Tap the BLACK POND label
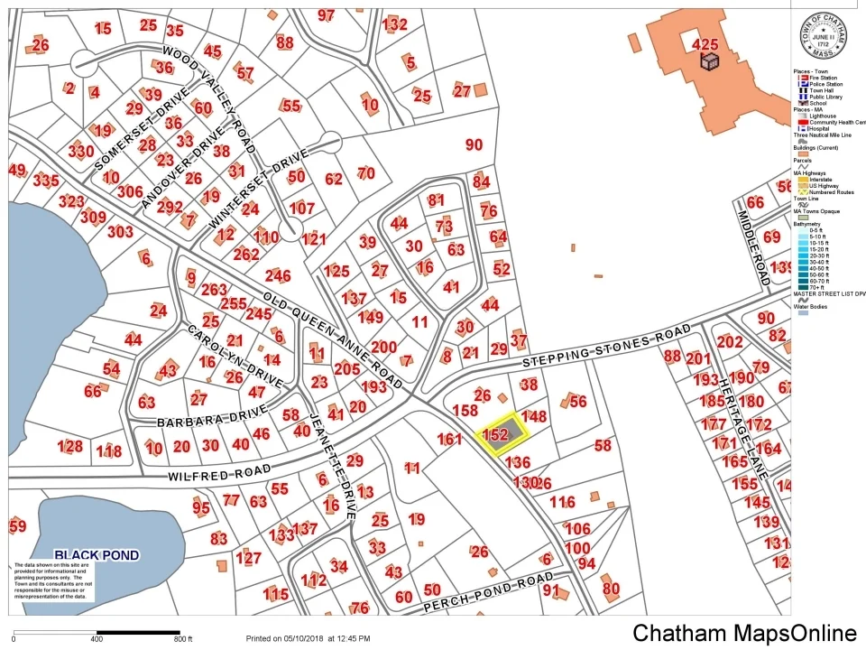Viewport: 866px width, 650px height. (97, 555)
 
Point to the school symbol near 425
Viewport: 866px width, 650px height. (711, 60)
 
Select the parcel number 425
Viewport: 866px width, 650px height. (705, 43)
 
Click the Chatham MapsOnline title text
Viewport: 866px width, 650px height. (743, 633)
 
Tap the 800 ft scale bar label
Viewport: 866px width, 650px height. (183, 639)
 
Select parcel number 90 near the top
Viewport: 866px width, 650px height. (474, 144)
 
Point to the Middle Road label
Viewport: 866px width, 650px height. (751, 247)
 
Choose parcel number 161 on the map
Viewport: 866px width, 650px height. (449, 440)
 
